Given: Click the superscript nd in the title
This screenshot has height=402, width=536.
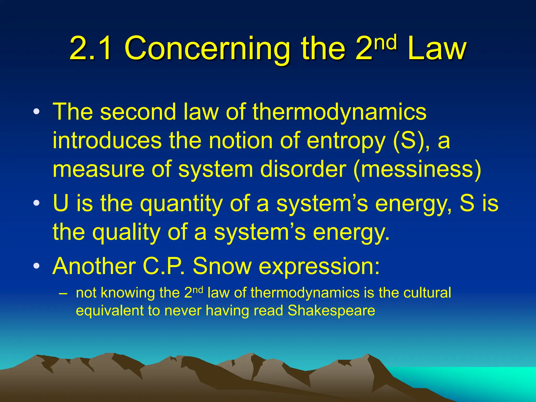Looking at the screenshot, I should click(x=386, y=42).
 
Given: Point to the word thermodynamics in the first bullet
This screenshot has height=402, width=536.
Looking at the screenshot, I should click(x=339, y=112).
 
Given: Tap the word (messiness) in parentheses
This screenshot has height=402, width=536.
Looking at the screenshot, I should click(x=417, y=170).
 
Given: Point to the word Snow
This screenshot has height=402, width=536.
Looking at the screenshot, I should click(x=222, y=266).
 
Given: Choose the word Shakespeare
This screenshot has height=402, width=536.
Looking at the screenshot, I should click(x=331, y=311).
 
